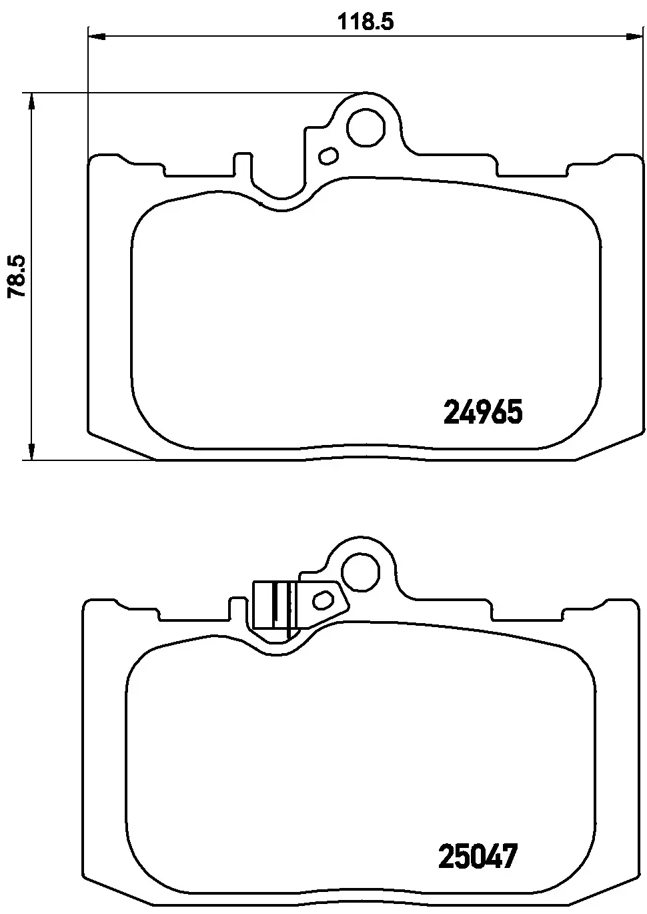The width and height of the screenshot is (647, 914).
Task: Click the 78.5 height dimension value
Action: tap(16, 276)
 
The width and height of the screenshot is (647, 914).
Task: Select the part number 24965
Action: tap(482, 412)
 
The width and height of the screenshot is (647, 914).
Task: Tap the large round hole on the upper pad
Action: tap(366, 126)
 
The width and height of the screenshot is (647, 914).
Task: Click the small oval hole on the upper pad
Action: tap(329, 156)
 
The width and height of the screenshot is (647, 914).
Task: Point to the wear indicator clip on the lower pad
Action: tap(275, 605)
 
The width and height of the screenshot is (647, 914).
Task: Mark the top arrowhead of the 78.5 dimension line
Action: tap(29, 101)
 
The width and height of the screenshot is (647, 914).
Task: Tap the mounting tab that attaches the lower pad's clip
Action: tap(326, 600)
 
